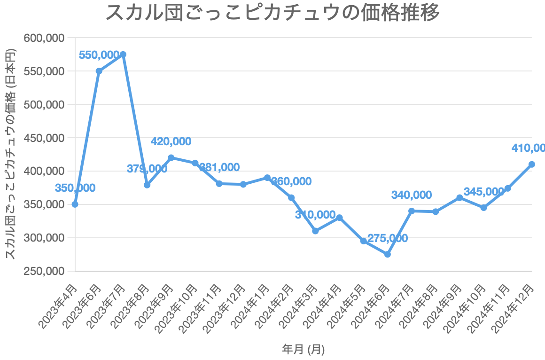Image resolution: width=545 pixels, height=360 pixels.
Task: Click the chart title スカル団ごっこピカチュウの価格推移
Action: click(x=272, y=13)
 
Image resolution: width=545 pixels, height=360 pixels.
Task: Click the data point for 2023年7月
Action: click(x=123, y=55)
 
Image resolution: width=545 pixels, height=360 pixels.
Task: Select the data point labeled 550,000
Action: click(x=99, y=71)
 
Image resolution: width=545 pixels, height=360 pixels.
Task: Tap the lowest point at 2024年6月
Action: click(x=388, y=254)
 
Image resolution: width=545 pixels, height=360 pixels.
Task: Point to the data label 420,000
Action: click(x=171, y=141)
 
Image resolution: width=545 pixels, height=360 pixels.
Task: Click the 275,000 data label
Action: click(x=388, y=238)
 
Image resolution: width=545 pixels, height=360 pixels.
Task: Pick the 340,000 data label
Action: click(x=412, y=195)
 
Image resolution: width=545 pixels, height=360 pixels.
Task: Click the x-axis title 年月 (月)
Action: click(x=304, y=349)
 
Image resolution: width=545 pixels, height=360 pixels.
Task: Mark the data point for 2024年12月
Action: click(x=532, y=164)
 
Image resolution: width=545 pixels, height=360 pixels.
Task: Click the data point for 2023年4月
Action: click(x=75, y=204)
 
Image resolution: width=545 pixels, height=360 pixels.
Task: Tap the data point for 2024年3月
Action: click(x=315, y=231)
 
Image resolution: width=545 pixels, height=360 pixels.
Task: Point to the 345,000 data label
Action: click(x=484, y=192)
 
